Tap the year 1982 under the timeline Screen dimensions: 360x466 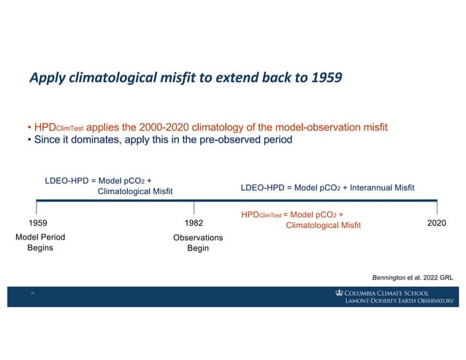(194, 222)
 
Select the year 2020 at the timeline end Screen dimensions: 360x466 (437, 222)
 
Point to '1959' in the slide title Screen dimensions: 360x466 (324, 77)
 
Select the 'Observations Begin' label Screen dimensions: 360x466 (198, 243)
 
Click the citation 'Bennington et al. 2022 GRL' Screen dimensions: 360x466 (413, 277)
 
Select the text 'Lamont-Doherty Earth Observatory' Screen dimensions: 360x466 (399, 301)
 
